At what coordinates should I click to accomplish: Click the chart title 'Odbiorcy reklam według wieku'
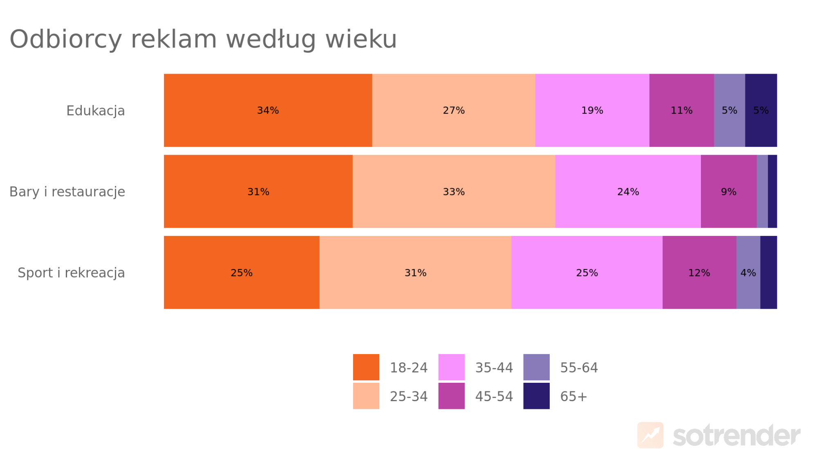pos(203,40)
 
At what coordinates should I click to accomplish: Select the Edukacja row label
pos(96,111)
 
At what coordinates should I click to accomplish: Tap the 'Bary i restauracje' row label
pos(67,192)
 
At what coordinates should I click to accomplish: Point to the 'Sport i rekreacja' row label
pos(71,273)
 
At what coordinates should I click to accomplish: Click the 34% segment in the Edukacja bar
pos(268,110)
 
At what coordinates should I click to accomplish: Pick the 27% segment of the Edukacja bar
pos(454,110)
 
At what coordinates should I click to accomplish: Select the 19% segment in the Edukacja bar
pos(592,110)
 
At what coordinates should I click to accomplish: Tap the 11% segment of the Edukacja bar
pos(681,110)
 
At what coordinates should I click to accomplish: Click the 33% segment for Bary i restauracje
pos(454,191)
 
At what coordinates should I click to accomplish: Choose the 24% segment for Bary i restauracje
pos(628,191)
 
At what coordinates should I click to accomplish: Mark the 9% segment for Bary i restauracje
pos(728,191)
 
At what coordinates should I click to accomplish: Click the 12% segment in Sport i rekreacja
pos(699,272)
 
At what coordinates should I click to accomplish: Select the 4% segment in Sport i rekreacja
pos(748,272)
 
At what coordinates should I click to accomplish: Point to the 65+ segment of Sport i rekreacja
pos(768,272)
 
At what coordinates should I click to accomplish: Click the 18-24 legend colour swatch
pos(366,367)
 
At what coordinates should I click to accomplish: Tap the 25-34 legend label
pos(408,396)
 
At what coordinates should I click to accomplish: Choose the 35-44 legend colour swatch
pos(451,367)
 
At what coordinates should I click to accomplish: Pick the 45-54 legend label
pos(494,396)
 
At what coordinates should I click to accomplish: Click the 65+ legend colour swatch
pos(536,396)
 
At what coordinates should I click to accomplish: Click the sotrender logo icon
pos(650,435)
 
